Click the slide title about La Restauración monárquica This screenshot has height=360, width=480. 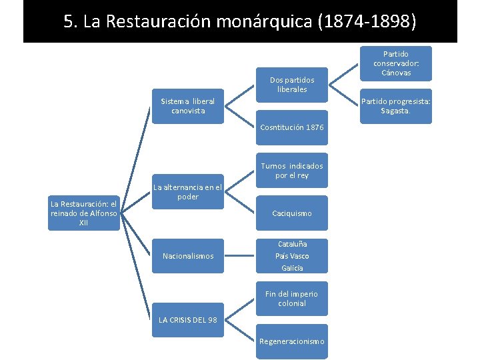tap(240, 22)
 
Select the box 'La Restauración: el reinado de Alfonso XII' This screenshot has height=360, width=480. tap(83, 213)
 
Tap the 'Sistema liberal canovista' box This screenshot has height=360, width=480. tap(188, 106)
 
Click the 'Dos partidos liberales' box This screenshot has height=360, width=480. tap(293, 85)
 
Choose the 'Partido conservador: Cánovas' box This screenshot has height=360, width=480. tap(396, 63)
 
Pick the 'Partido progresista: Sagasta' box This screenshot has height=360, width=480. tap(396, 106)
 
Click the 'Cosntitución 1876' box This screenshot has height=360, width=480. tap(292, 127)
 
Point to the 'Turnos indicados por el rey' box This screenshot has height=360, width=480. tap(292, 171)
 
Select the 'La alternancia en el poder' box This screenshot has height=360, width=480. tap(188, 192)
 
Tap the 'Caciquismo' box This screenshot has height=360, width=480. tap(292, 213)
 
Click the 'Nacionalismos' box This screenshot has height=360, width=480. tap(188, 256)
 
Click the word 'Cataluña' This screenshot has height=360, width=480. tap(292, 244)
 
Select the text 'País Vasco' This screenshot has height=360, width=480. tap(292, 256)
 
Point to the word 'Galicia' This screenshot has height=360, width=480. tap(292, 268)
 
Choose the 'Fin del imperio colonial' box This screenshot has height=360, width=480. tap(292, 299)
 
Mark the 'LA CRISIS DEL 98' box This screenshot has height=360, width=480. tap(188, 320)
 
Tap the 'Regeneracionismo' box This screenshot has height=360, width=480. tap(292, 341)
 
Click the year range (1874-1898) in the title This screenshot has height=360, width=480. tap(367, 22)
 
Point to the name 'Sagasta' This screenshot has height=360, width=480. tap(395, 111)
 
